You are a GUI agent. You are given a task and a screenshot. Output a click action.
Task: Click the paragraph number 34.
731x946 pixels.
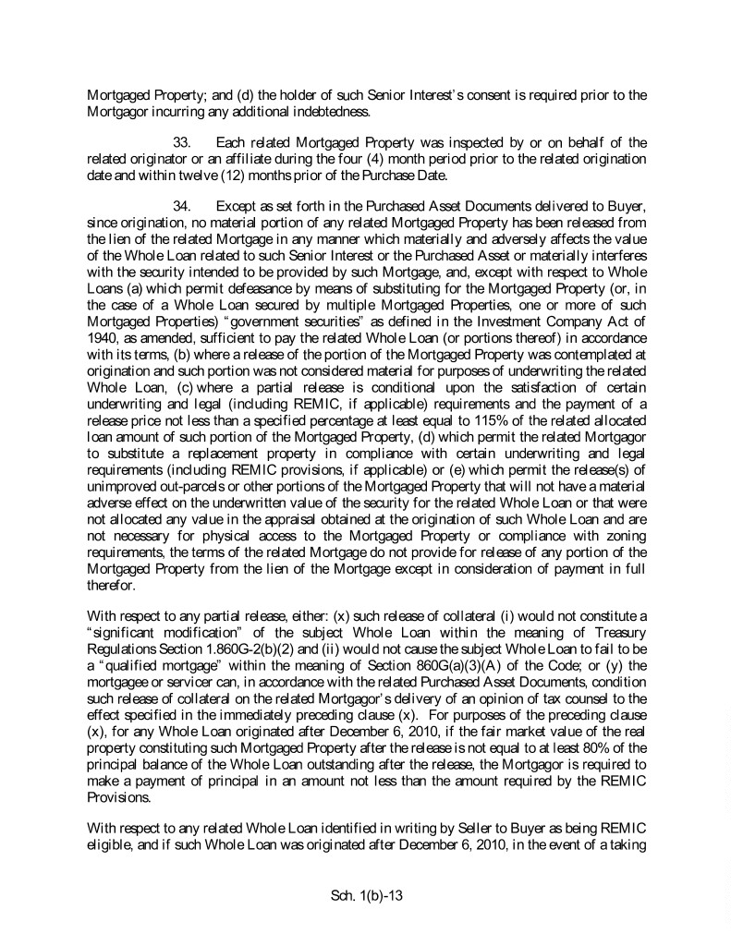point(185,204)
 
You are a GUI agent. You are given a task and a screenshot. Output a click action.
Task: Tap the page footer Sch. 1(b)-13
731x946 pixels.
point(365,894)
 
